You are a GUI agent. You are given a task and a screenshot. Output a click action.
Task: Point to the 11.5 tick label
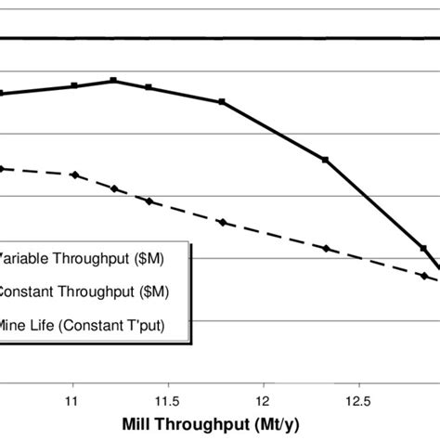pos(167,401)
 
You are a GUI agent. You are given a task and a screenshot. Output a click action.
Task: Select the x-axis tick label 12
pos(263,401)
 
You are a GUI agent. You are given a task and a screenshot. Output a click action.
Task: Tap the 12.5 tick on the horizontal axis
pos(358,401)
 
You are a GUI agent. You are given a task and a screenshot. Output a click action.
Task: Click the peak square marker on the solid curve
pos(113,81)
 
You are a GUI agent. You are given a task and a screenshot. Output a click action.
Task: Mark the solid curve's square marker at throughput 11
pos(74,85)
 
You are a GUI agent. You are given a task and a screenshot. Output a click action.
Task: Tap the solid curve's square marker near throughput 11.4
pos(149,87)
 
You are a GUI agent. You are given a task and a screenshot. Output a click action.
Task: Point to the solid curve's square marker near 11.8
pos(222,102)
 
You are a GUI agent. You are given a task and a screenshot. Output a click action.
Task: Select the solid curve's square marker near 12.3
pos(325,160)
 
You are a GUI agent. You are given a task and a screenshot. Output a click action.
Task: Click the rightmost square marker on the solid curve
pos(423,248)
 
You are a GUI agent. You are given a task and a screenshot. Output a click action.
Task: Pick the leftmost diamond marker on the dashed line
pos(3,168)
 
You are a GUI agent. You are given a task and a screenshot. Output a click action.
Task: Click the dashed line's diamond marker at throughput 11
pos(74,175)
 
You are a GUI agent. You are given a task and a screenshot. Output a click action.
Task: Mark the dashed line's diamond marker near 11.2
pos(113,188)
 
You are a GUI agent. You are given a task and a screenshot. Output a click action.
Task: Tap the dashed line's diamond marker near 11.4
pos(149,201)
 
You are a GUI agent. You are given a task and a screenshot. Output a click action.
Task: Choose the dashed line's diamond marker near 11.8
pos(222,222)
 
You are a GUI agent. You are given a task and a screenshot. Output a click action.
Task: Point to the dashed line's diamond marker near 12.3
pos(325,248)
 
